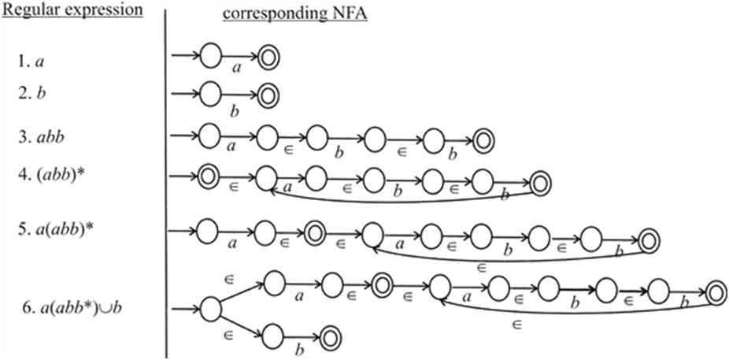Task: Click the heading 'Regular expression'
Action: (72, 10)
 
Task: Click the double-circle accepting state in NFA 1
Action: (268, 57)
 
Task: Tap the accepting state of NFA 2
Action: (268, 95)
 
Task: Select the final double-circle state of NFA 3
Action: (483, 139)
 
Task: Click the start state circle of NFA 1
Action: (210, 56)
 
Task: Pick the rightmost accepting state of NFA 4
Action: (539, 183)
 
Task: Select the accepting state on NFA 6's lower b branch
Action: (331, 338)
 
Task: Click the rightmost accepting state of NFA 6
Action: (715, 292)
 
